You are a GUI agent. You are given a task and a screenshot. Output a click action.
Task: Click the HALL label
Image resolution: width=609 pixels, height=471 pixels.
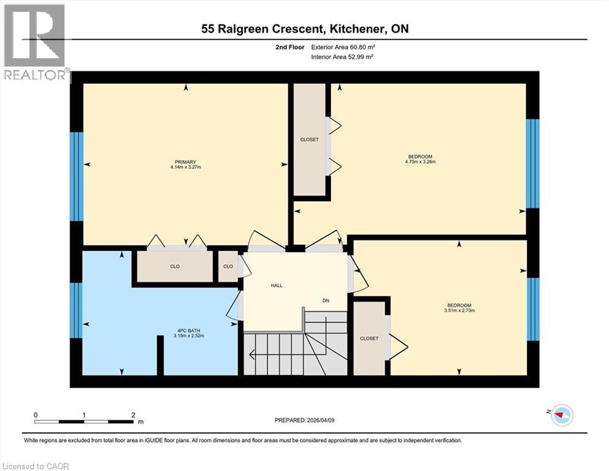(277, 286)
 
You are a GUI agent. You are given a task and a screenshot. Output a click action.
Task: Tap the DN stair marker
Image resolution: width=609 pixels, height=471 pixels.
(327, 301)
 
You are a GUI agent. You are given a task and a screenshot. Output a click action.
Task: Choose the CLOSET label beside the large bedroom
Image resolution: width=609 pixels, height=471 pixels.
(309, 140)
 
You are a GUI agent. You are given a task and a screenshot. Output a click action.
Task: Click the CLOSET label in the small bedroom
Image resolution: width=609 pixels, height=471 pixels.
(369, 339)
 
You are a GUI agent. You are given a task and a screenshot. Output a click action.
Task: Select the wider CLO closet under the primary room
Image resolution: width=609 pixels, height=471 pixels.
(174, 267)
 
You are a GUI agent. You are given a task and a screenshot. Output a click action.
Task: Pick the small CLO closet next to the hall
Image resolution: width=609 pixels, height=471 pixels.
(228, 267)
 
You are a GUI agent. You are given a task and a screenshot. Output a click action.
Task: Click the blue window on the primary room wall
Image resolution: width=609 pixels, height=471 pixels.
(77, 176)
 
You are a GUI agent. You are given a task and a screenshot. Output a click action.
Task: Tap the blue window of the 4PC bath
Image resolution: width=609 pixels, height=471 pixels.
(77, 310)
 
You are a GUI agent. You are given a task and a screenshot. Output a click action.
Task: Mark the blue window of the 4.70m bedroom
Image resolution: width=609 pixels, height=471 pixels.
(533, 163)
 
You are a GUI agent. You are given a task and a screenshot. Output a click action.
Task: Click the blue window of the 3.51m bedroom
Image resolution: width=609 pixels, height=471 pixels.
(533, 310)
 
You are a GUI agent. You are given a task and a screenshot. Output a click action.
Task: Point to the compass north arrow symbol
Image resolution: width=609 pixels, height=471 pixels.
(560, 415)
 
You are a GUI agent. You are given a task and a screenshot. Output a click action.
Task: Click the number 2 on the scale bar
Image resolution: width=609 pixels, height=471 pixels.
(133, 415)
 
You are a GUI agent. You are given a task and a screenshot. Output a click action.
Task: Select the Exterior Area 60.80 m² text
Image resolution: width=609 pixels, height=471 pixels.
(343, 47)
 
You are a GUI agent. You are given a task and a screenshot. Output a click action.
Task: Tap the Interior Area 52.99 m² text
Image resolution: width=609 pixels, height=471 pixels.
(343, 56)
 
